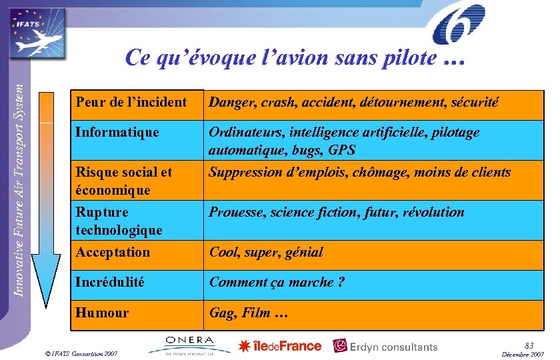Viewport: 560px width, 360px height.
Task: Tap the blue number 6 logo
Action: point(459,25)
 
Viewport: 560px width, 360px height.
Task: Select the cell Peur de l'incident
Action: point(131,102)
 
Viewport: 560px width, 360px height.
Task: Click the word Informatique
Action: point(117,132)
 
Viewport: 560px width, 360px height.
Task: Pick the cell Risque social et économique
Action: point(123,181)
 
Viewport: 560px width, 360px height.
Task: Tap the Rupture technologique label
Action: point(119,221)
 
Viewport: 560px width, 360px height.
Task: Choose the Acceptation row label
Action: point(113,252)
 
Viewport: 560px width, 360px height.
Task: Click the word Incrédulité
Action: point(110,282)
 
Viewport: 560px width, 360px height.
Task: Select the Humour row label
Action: point(103,313)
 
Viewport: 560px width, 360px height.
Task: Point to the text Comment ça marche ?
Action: point(277,282)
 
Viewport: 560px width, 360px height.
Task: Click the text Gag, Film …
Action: point(249,313)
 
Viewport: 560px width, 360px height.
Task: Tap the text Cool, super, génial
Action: point(266,252)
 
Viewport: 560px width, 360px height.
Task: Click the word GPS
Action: point(341,150)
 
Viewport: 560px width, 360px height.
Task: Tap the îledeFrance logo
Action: point(280,346)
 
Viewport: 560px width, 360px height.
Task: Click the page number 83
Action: point(529,345)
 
